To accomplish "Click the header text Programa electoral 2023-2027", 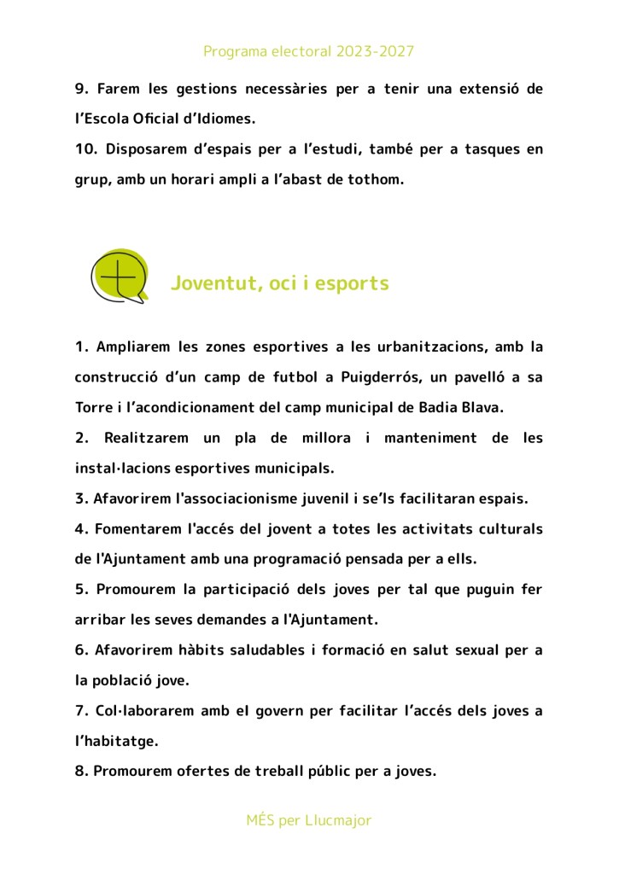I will click(x=308, y=51).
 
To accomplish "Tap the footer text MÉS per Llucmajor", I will click(x=308, y=820).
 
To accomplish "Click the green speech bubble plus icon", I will click(x=120, y=277).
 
